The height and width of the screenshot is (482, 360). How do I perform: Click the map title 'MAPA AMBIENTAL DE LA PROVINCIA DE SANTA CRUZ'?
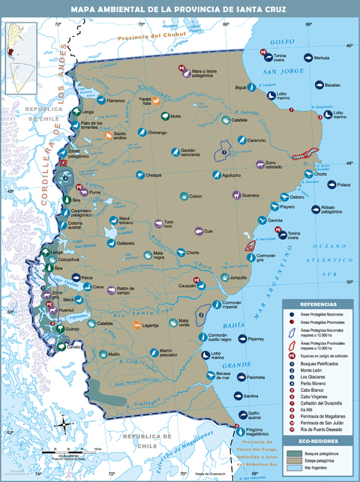point(180,9)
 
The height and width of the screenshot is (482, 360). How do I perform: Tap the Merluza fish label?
point(322,58)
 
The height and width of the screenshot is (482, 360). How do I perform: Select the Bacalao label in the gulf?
point(333,85)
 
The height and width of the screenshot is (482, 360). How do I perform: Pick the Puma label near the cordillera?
point(94,193)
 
